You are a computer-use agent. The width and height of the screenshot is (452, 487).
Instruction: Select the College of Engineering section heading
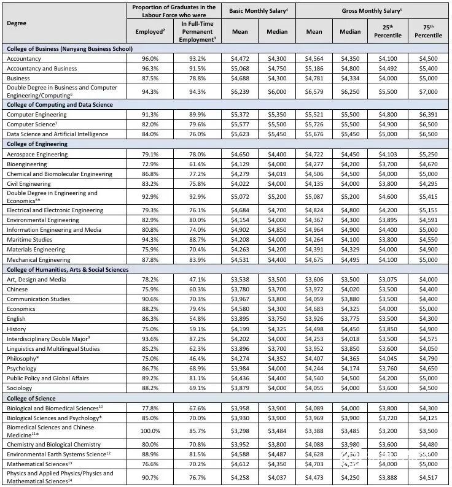[x=37, y=144]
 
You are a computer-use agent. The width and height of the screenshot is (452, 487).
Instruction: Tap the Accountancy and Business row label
[x=42, y=68]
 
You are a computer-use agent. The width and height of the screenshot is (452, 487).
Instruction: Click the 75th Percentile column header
[x=428, y=31]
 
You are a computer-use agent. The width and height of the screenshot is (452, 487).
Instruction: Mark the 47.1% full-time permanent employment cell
[x=193, y=280]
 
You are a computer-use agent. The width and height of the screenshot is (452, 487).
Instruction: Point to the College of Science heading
[x=31, y=398]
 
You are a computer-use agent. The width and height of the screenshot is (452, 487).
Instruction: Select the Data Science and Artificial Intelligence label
[x=57, y=134]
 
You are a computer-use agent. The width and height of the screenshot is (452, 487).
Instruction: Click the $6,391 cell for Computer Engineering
[x=428, y=115]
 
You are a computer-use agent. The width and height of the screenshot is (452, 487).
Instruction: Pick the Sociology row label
[x=20, y=388]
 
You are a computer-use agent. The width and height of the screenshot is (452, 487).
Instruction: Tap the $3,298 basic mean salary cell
[x=240, y=431]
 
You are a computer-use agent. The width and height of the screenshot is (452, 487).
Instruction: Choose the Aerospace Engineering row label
[x=37, y=155]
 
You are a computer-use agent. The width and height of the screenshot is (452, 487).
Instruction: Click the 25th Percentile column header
[x=388, y=31]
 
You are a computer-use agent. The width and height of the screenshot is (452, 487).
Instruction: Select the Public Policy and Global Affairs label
[x=49, y=378]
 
